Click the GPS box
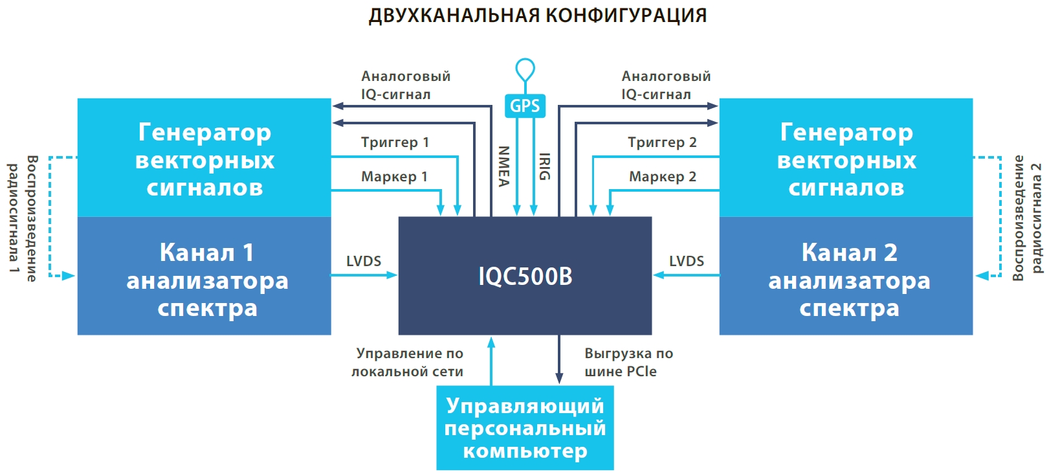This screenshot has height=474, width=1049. coord(525,106)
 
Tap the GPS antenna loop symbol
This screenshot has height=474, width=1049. coord(525,69)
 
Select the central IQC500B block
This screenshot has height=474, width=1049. coord(525,276)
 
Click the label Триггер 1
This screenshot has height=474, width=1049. coord(395,142)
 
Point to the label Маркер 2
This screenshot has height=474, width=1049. coord(663,177)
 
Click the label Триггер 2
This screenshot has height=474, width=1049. coord(662,142)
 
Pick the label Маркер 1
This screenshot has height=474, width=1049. coord(394,177)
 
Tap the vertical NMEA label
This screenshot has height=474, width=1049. coord(504,166)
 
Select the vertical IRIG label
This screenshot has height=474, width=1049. coord(545,166)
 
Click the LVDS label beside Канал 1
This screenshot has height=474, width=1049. coord(364,261)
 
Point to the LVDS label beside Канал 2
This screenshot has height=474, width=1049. coord(687,261)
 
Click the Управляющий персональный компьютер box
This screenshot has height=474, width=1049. coord(525,428)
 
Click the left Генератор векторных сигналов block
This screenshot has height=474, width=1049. coord(204,158)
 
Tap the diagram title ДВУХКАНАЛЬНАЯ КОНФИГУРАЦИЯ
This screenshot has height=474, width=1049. coord(538,15)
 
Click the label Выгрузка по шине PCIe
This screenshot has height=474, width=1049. coord(628,363)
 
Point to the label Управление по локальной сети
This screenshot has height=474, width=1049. coord(408,363)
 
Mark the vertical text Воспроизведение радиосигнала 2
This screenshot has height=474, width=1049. coord(1027,218)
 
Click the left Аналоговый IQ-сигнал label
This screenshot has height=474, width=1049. coord(406,85)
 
